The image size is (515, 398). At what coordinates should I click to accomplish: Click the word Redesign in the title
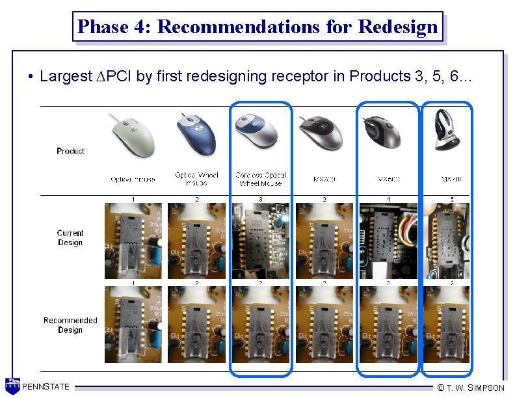coord(398,27)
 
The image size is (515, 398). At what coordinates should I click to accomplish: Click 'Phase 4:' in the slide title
coord(114,27)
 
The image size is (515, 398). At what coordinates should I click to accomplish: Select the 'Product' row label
coord(70,151)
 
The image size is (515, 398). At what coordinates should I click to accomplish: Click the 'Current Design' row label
coord(70,237)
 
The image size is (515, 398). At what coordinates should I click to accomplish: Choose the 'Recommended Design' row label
coord(70,325)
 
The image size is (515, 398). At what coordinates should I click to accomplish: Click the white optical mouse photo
coord(132,135)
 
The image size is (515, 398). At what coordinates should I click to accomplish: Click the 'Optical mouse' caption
coord(133,179)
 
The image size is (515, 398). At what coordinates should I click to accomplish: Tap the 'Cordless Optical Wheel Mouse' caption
coord(261,179)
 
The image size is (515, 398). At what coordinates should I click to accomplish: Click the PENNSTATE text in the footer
coord(46,387)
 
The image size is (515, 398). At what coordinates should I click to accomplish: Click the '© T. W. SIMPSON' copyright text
coord(471,388)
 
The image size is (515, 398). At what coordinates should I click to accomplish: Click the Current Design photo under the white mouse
coord(133,241)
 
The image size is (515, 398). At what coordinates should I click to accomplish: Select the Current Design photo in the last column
coord(448,241)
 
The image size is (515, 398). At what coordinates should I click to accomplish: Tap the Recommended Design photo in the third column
coord(261,325)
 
